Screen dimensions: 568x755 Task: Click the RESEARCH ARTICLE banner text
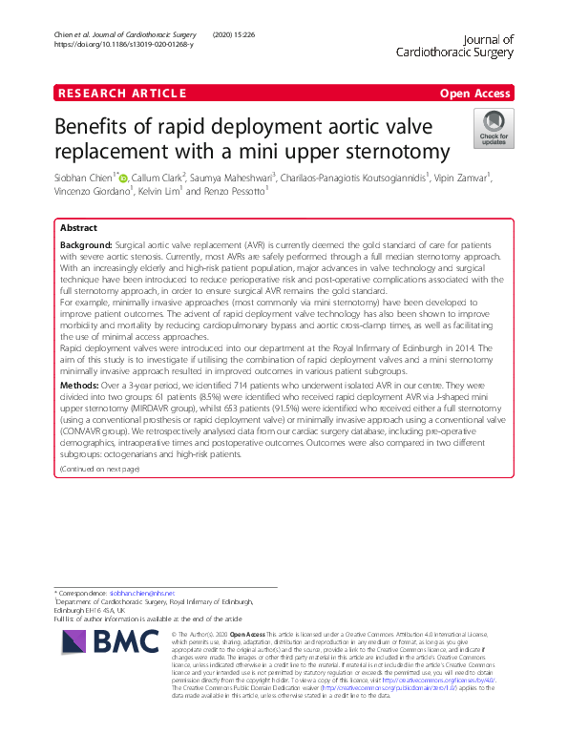(x=121, y=93)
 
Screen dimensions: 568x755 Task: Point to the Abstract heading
(x=78, y=229)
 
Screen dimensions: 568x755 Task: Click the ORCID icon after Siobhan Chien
(x=123, y=177)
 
